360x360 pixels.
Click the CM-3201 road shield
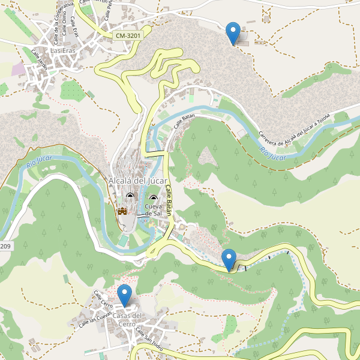tap(128, 36)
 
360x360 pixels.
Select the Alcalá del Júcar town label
tap(137, 181)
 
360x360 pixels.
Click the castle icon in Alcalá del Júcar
tap(122, 211)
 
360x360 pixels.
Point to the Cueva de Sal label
tap(154, 210)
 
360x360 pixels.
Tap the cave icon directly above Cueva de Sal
tap(153, 199)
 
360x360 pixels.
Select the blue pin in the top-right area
tap(233, 32)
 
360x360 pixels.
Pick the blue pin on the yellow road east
tap(229, 259)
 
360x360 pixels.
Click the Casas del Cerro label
tap(127, 320)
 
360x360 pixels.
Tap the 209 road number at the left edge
tap(5, 246)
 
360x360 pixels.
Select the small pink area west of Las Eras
tap(19, 69)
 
